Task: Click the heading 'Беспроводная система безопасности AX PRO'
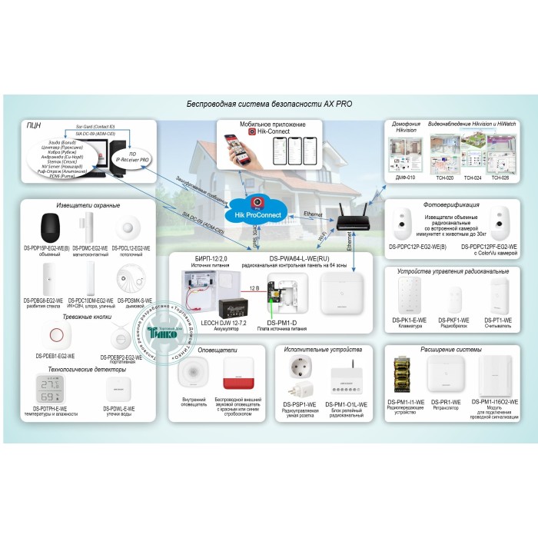tap(270, 105)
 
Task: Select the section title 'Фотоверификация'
tap(452, 205)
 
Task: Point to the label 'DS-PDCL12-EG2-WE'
tap(130, 248)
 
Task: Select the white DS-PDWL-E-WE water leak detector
tap(117, 387)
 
